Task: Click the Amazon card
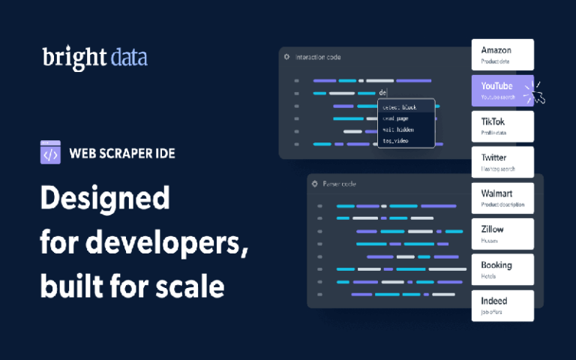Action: tap(502, 54)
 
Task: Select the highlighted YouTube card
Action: tap(501, 90)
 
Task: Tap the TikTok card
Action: tap(502, 126)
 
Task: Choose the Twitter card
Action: tap(502, 162)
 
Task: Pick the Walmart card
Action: tap(502, 198)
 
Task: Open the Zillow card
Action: tap(502, 234)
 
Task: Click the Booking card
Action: tap(502, 269)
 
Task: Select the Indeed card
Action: tap(502, 305)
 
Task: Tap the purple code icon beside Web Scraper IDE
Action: tap(50, 153)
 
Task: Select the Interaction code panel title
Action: tap(321, 57)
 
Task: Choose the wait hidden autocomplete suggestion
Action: tap(397, 129)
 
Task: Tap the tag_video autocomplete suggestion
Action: tap(395, 140)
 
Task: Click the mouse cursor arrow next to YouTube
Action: tap(537, 97)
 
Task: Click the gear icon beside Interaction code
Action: tap(286, 57)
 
